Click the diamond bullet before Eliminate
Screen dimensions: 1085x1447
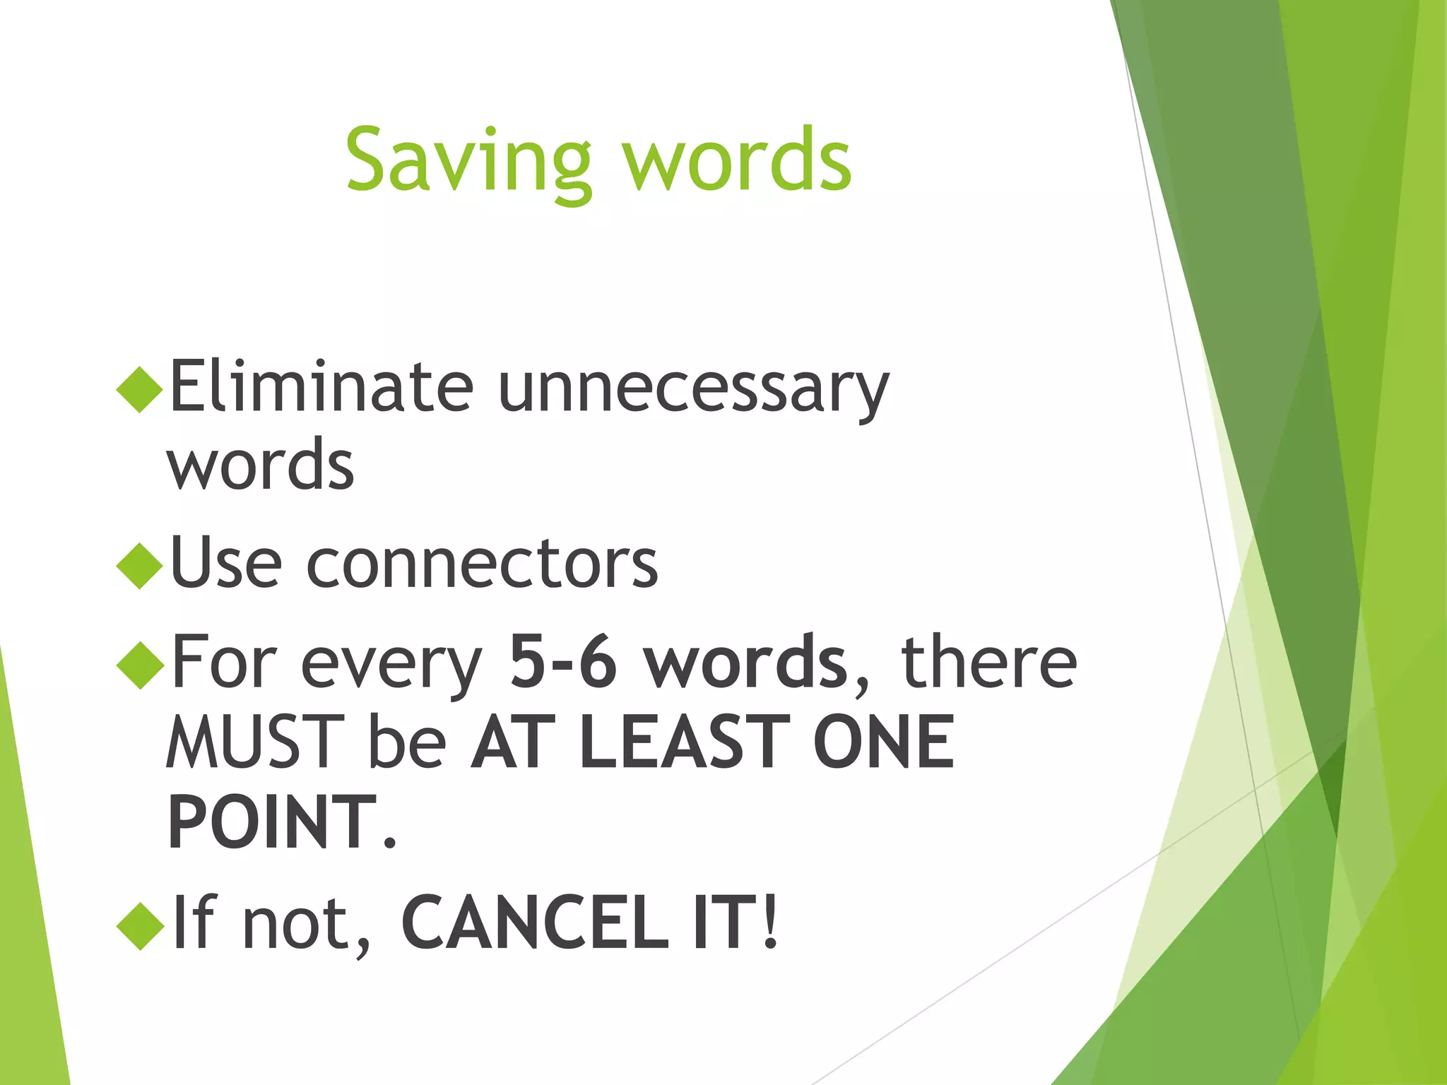coord(140,389)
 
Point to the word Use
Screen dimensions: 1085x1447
coord(225,563)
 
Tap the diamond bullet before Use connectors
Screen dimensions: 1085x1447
coord(140,565)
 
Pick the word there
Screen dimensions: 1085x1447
coord(988,662)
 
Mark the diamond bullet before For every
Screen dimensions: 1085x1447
coord(140,665)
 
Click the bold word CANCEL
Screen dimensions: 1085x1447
coord(535,923)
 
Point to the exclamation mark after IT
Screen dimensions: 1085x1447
coord(770,923)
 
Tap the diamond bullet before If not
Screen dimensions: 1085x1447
coord(140,926)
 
